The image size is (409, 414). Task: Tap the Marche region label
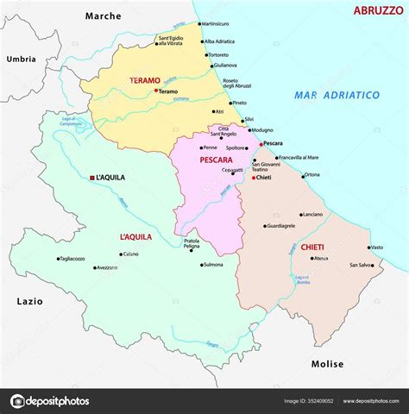point(104,16)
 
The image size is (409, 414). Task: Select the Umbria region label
point(21,59)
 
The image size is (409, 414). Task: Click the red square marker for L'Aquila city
point(92,178)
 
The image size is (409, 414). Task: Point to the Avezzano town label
point(107,267)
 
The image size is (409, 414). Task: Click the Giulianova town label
point(224,65)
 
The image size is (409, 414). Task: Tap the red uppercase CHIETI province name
point(313,247)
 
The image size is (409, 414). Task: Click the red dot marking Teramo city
point(155,91)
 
